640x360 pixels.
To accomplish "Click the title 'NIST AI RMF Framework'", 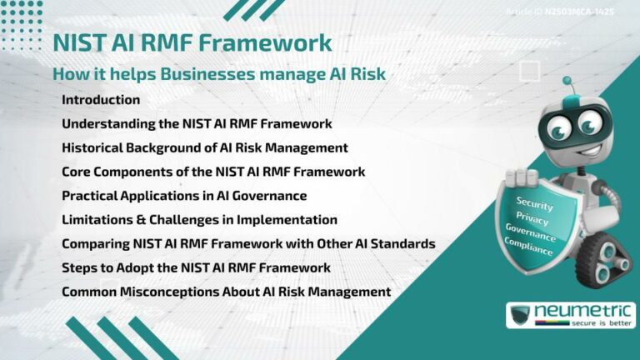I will point(192,42).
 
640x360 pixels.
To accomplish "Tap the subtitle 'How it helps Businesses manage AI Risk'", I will point(219,73).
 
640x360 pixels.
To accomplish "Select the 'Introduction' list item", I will point(101,100).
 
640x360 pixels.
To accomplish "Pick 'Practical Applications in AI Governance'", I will point(184,196).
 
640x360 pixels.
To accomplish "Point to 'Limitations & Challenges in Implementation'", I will point(199,220).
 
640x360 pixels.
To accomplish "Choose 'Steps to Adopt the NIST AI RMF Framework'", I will point(196,267).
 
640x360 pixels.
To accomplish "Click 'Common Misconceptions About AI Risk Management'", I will point(226,292).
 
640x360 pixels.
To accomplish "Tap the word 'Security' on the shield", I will point(534,202).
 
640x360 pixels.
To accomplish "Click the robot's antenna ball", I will point(567,82).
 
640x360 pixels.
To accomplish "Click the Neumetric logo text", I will point(583,311).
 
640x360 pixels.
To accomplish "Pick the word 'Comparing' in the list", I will point(93,244).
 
